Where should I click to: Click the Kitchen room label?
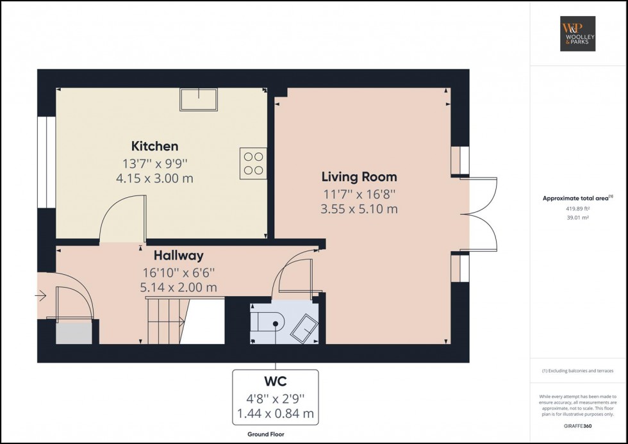[154, 146]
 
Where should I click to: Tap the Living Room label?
[359, 177]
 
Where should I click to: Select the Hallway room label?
[179, 256]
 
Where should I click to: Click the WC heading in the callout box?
[276, 381]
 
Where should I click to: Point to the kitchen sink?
[198, 99]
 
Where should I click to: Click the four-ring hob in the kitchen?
[253, 163]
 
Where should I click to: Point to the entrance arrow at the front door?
[40, 296]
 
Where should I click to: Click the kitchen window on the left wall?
[46, 162]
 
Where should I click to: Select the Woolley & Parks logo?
[577, 33]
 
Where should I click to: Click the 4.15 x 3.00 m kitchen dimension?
[154, 178]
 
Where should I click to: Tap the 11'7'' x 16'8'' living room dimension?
[359, 194]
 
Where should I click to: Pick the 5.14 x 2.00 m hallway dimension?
[179, 288]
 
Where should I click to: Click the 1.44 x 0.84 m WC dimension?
[276, 414]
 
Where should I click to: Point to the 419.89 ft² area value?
[577, 209]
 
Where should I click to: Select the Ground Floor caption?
[266, 434]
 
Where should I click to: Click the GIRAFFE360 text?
[577, 426]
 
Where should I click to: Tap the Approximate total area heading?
[577, 198]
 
